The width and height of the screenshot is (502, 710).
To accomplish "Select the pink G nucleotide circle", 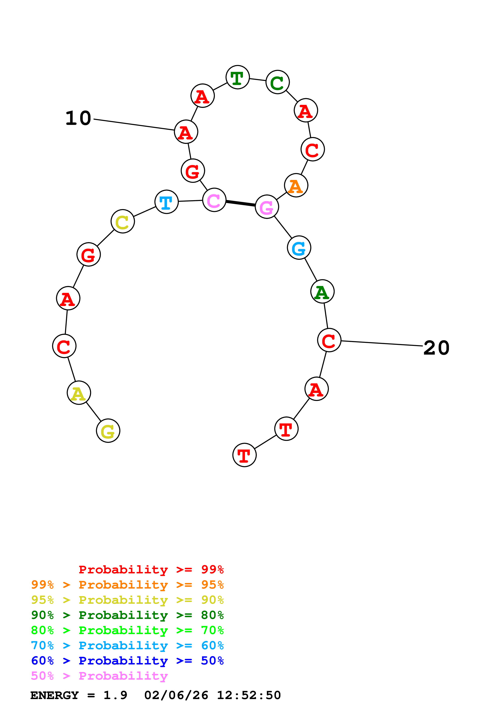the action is pos(267,207).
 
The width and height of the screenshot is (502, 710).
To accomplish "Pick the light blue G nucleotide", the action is pos(299,247).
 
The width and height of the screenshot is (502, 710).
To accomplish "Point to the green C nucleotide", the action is pos(277,82).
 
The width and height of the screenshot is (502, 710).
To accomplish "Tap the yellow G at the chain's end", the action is pos(108,430).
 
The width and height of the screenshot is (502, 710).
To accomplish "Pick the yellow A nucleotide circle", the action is pos(79,393).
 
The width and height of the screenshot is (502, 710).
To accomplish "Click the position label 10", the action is pos(78,118).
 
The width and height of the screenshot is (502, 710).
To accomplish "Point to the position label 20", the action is pos(436,348).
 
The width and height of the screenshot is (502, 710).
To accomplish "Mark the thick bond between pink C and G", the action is pos(241,203).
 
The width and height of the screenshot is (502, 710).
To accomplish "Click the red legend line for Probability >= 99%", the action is pos(151,569).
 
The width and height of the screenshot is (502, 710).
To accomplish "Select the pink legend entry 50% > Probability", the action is pos(99,676).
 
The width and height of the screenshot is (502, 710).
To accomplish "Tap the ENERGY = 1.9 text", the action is pos(79,695).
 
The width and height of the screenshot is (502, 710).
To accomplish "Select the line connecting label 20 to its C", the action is pos(382,343).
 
